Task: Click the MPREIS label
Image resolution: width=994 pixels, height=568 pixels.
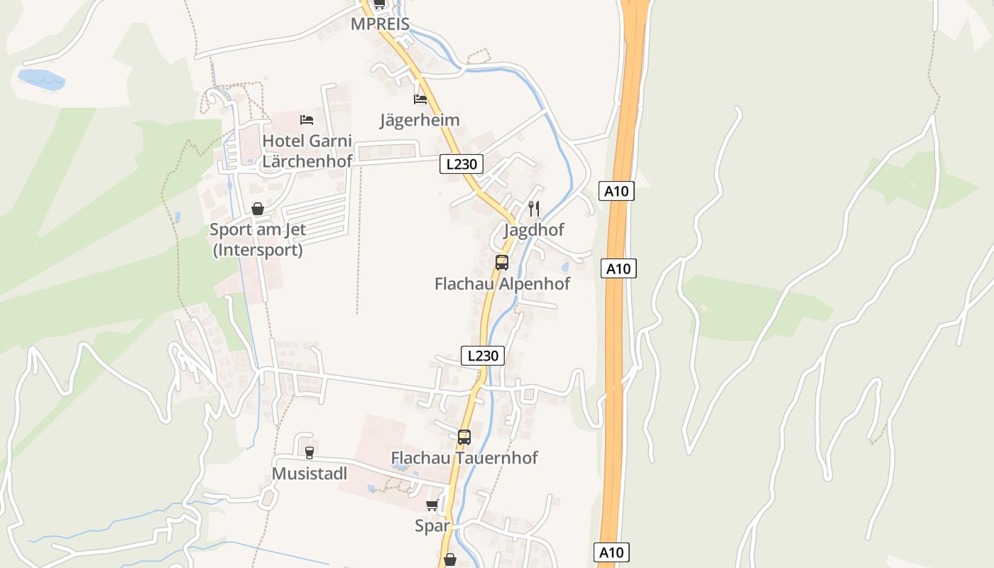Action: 380,24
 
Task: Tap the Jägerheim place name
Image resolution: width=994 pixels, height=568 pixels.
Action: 420,120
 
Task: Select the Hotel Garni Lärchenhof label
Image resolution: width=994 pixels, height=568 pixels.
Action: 307,151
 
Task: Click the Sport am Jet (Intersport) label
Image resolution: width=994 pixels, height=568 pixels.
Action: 257,240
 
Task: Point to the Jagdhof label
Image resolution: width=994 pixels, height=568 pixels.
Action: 533,230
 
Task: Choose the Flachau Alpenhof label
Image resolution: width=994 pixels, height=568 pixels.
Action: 502,284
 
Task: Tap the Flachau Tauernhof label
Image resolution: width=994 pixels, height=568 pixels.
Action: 464,458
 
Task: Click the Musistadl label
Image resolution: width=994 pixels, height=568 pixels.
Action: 310,474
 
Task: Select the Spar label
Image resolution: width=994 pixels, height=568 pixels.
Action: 432,526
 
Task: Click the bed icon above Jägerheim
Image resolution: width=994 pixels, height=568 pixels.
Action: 420,99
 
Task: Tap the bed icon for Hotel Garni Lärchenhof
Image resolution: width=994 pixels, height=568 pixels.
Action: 307,119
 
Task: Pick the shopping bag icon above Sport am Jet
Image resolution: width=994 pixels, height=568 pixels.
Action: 258,209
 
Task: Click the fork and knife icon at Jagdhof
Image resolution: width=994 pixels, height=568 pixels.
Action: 534,208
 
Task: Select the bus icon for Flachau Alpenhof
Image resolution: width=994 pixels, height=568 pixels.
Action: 502,262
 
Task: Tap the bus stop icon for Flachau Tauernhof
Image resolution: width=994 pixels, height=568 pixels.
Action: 464,437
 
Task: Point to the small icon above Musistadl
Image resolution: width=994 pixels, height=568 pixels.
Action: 309,452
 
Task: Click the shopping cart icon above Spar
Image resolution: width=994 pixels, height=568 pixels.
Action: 432,505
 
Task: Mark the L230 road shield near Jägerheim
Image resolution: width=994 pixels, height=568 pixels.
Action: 461,165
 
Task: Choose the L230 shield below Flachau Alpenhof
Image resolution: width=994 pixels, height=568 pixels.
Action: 483,356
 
